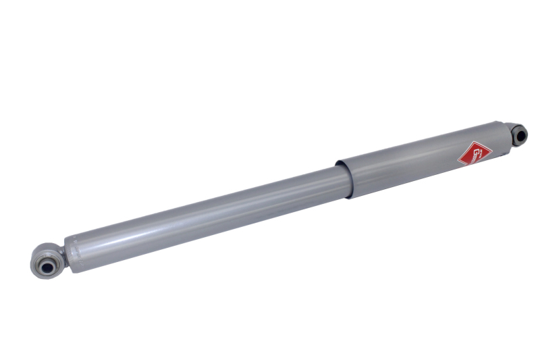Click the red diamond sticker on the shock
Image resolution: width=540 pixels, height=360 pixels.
(x=471, y=153)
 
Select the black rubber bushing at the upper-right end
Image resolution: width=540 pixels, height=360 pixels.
(x=519, y=134)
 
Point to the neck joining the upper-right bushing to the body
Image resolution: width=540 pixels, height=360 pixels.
(x=508, y=130)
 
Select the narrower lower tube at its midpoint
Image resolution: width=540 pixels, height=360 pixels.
(x=202, y=210)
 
